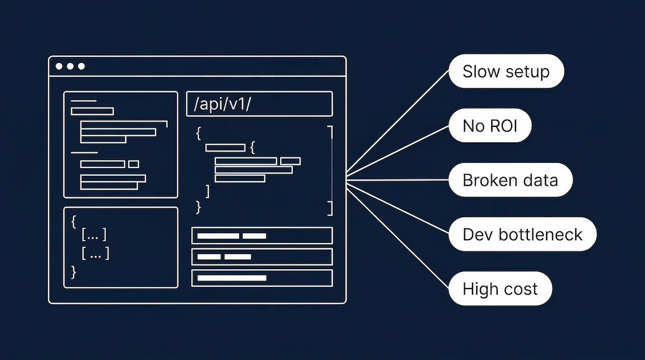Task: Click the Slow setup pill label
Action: (506, 71)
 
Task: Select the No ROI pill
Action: (490, 126)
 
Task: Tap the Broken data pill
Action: (510, 179)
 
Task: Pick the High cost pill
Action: (500, 289)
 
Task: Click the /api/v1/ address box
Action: (259, 104)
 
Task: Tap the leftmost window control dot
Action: (59, 67)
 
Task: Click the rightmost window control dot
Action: (82, 67)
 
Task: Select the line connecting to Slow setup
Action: (398, 123)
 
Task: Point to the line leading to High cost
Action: (398, 236)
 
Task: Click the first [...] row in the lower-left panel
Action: (94, 235)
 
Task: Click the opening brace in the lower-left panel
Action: (74, 220)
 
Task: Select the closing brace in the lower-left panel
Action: (74, 272)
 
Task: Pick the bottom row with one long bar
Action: (262, 278)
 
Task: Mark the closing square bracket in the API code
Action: (208, 191)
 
